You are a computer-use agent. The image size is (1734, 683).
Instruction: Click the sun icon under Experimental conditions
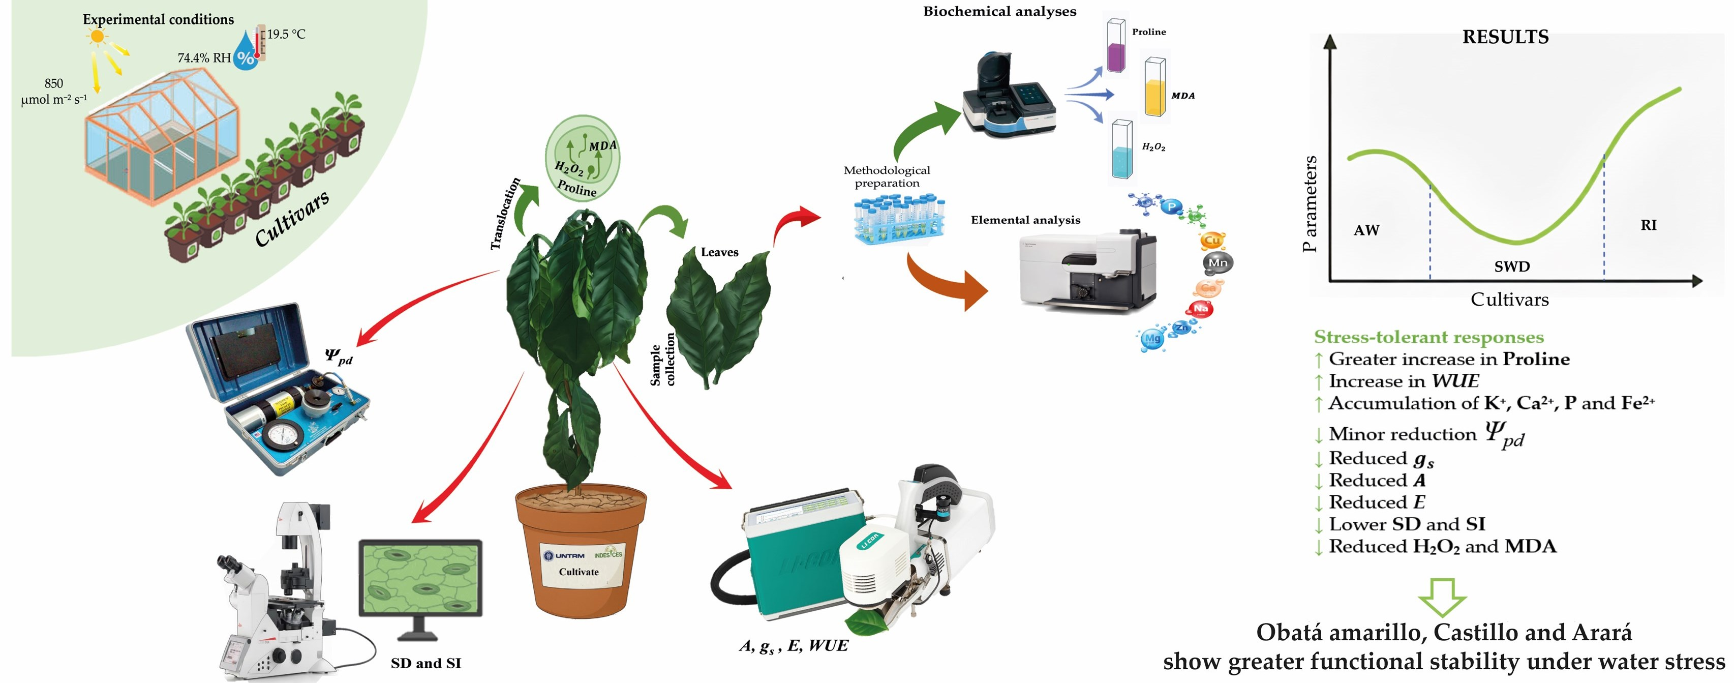click(x=98, y=37)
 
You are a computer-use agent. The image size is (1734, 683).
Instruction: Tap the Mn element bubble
click(x=1218, y=263)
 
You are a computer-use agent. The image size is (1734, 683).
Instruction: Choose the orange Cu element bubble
click(x=1211, y=241)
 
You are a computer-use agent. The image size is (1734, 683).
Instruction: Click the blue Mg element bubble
click(x=1152, y=339)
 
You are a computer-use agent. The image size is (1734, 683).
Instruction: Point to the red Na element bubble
click(x=1200, y=309)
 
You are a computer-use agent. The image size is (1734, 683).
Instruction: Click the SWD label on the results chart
click(x=1512, y=266)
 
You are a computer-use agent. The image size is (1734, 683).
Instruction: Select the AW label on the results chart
click(x=1366, y=230)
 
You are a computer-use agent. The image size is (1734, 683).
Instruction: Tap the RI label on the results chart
click(x=1649, y=225)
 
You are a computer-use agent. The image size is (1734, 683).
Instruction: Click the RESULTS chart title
click(x=1505, y=37)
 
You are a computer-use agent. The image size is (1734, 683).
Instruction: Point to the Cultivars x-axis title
click(x=1509, y=300)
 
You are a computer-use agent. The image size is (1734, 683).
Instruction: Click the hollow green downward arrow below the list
click(x=1442, y=597)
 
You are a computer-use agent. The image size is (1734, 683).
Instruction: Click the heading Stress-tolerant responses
click(x=1428, y=337)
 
